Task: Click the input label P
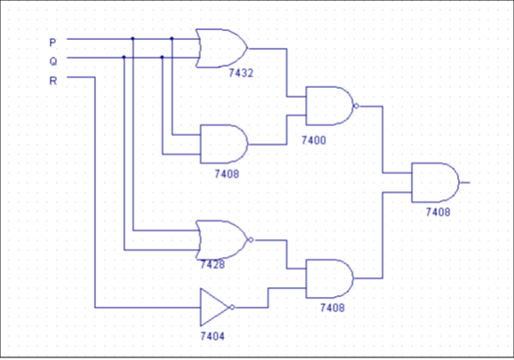tap(52, 42)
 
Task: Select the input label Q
tap(52, 61)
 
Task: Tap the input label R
tap(52, 81)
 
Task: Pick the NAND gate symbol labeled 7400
tap(328, 106)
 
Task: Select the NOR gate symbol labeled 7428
tap(221, 239)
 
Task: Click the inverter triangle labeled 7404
tap(214, 307)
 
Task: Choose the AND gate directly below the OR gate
tap(222, 143)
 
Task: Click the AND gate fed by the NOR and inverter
tap(328, 278)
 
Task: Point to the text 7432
tap(241, 74)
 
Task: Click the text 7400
tap(314, 140)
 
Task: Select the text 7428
tap(213, 265)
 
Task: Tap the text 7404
tap(213, 338)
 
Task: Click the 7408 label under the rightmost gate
tap(438, 212)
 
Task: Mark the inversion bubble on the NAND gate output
tap(356, 106)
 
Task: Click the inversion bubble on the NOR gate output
tap(252, 239)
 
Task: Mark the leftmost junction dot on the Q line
tap(124, 57)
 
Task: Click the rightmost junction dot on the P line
tap(173, 38)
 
